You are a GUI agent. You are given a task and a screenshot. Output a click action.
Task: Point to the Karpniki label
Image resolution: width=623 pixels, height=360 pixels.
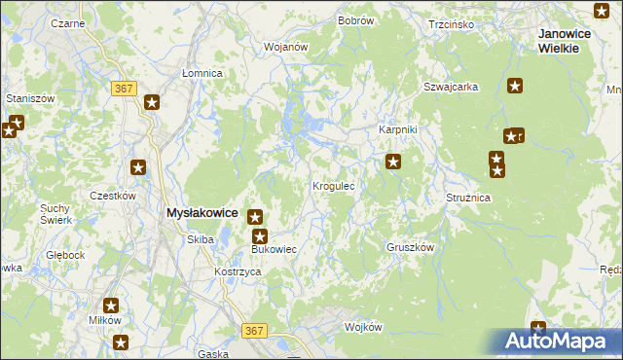coord(397,129)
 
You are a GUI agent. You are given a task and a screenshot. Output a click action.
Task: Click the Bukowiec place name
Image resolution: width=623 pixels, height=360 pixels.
coord(273,250)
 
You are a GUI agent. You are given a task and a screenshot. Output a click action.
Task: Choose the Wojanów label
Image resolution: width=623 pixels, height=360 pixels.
coord(286,46)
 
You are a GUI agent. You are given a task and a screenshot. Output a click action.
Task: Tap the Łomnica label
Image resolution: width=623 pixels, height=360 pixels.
coord(202,73)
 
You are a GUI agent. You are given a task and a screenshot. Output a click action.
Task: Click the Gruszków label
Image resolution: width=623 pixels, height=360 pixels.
coord(409,247)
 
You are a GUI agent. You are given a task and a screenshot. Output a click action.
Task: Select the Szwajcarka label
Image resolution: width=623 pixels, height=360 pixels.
coord(450,87)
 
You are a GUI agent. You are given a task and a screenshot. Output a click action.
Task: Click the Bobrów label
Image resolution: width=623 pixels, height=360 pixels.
coord(355,20)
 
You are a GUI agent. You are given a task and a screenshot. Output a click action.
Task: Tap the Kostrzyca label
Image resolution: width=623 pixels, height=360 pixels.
coord(238,271)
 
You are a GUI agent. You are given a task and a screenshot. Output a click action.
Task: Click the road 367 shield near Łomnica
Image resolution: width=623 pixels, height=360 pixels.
coord(123,89)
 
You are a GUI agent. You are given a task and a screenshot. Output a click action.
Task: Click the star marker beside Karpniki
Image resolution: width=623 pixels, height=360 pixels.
coord(392,162)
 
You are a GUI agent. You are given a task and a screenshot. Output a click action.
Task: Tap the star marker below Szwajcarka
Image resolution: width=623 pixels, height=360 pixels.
coord(515,87)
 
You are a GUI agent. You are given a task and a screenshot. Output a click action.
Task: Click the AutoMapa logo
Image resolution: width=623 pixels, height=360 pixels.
coord(557,342)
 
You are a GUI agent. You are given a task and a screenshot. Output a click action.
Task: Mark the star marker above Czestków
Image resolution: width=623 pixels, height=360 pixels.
coord(138,168)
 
